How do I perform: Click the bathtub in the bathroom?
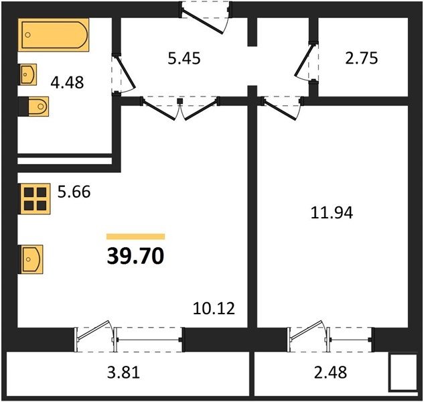pyautogui.click(x=54, y=35)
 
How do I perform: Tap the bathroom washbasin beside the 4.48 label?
pyautogui.click(x=27, y=74)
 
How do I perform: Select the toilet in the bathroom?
pyautogui.click(x=33, y=107)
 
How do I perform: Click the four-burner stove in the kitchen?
pyautogui.click(x=34, y=199)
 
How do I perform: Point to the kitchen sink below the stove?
pyautogui.click(x=31, y=260)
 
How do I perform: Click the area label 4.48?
pyautogui.click(x=67, y=82)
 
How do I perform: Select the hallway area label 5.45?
pyautogui.click(x=184, y=58)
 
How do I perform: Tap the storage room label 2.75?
pyautogui.click(x=361, y=58)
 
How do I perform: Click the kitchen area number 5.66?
pyautogui.click(x=74, y=192)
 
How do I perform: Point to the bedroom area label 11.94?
pyautogui.click(x=332, y=212)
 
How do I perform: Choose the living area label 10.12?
pyautogui.click(x=214, y=308)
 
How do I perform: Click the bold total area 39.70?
pyautogui.click(x=135, y=256)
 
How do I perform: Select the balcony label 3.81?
pyautogui.click(x=123, y=372)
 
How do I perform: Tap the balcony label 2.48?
pyautogui.click(x=330, y=372)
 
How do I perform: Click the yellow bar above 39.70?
pyautogui.click(x=135, y=237)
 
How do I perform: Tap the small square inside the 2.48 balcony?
pyautogui.click(x=403, y=373)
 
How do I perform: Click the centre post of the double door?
pyautogui.click(x=180, y=101)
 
